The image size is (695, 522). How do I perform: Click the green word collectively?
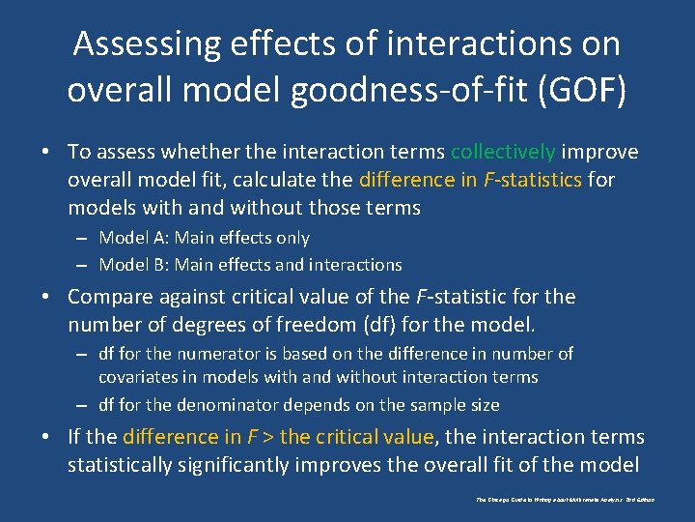tap(502, 152)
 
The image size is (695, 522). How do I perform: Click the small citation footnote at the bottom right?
tap(565, 500)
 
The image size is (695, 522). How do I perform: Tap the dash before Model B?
tap(83, 265)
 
